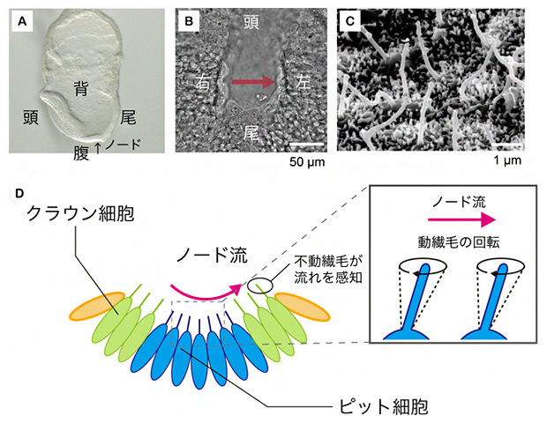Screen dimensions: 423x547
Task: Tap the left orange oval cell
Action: click(94, 303)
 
